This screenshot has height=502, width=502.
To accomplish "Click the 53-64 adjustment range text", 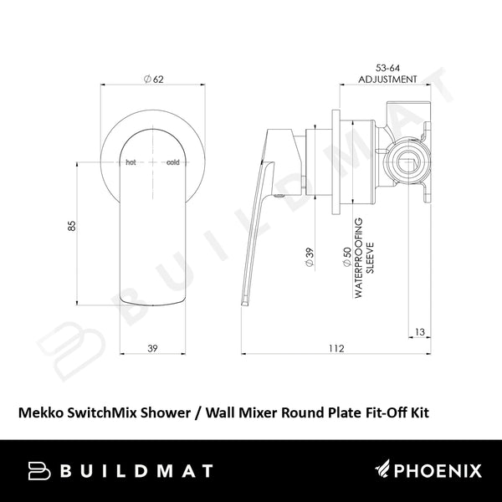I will coord(387,69).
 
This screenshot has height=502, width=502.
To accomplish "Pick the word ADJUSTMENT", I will coord(387,79).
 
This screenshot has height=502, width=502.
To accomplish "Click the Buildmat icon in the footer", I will coord(40,472).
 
